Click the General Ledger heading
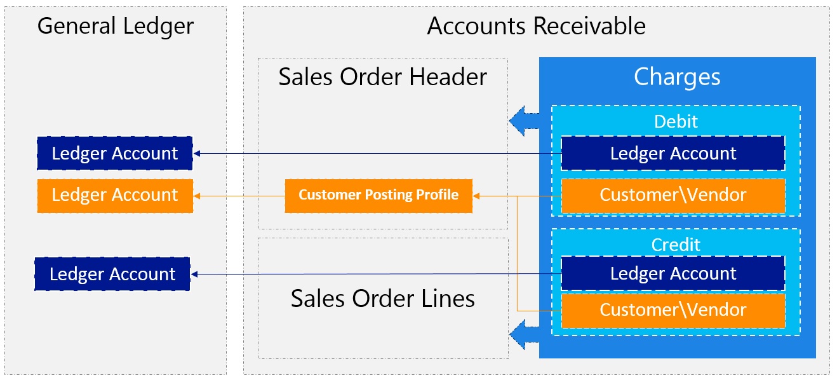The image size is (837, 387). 115,27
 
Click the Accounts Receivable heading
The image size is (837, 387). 536,27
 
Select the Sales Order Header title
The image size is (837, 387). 382,77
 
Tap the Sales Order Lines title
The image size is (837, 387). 382,298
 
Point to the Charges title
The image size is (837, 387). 677,77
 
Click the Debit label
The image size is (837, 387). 676,121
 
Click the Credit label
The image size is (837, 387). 676,245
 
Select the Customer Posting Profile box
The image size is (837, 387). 378,195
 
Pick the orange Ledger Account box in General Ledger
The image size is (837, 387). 115,195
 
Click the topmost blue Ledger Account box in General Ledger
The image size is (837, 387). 115,153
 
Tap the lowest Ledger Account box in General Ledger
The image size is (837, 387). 112,274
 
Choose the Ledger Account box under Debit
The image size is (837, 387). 673,153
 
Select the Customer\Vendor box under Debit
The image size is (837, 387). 673,195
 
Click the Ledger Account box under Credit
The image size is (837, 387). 673,274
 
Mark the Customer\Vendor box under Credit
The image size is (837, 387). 673,310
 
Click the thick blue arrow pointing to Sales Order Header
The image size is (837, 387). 523,119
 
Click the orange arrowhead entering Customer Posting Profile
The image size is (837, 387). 478,196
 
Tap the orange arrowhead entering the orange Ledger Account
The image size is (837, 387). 198,196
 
